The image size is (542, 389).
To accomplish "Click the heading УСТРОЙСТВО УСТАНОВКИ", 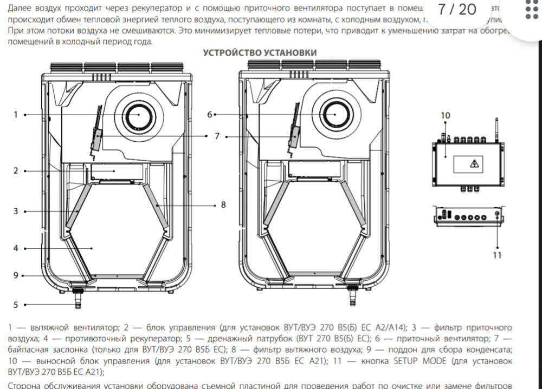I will (x=260, y=52).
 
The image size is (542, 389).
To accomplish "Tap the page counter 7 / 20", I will (x=457, y=10).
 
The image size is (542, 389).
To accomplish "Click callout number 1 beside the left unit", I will (x=16, y=115).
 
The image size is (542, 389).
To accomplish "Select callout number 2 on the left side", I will (x=16, y=170).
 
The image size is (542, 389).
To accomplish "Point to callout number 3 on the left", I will (x=16, y=211).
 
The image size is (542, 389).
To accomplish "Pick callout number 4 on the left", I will (x=16, y=248).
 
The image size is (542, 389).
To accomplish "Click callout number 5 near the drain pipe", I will (x=16, y=305).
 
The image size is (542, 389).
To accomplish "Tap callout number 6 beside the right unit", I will (x=209, y=115).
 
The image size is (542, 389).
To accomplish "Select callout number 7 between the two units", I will (x=217, y=136).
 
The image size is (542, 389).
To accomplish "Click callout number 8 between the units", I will (x=223, y=205).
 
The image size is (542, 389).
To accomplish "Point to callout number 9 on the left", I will (x=16, y=275).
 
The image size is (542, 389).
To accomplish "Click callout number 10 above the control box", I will (x=445, y=116).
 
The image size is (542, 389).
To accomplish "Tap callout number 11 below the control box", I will (x=497, y=254).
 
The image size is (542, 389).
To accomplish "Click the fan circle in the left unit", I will (x=137, y=115).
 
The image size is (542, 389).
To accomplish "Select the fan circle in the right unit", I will (x=335, y=115).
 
